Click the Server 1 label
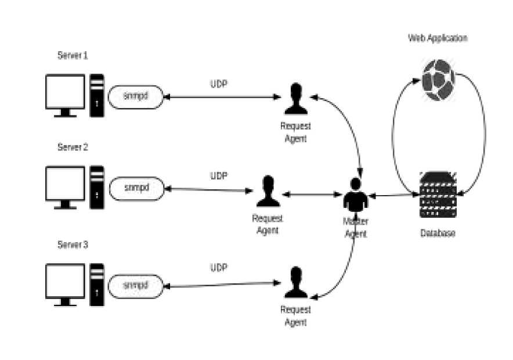(x=73, y=56)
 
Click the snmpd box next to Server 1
(x=136, y=96)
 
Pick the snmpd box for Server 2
(x=136, y=188)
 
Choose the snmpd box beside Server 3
(x=136, y=286)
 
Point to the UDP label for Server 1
(x=219, y=84)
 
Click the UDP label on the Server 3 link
(x=219, y=268)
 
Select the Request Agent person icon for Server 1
(x=296, y=99)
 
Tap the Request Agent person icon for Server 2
(x=268, y=192)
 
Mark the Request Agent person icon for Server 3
(x=296, y=282)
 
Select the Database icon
(x=438, y=195)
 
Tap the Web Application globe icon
(x=438, y=79)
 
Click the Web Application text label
(x=438, y=38)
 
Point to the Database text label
(x=438, y=233)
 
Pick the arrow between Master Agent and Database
(x=394, y=196)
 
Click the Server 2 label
(x=73, y=147)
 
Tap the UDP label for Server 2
(x=219, y=175)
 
